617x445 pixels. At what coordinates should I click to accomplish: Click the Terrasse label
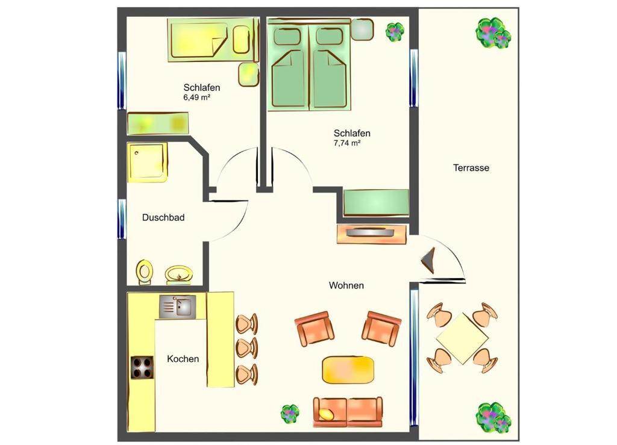471,168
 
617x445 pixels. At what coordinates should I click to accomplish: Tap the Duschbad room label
163,217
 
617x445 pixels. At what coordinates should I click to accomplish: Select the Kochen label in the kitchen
183,358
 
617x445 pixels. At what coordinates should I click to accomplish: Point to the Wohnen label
346,285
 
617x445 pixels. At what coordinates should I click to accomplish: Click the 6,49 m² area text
197,98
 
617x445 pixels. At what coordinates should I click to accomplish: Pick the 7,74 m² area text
347,143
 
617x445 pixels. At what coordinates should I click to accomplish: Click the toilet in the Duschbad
145,272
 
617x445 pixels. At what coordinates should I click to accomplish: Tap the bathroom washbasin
179,274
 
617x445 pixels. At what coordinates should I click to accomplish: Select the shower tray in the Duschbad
148,162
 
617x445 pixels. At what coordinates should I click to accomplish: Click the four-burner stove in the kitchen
142,367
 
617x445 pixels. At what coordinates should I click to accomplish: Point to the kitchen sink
178,307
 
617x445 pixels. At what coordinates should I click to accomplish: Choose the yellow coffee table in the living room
348,370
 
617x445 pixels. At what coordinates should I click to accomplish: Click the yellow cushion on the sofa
326,414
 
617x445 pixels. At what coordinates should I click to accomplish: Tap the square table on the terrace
462,338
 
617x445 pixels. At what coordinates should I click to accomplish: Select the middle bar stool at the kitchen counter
246,347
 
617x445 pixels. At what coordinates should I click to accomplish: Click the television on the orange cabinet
370,232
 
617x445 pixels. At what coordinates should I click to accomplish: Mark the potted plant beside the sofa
290,414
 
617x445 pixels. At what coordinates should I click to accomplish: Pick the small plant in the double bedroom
395,31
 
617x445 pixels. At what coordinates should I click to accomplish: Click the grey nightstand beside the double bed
362,29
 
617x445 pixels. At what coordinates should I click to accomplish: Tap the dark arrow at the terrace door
428,260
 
